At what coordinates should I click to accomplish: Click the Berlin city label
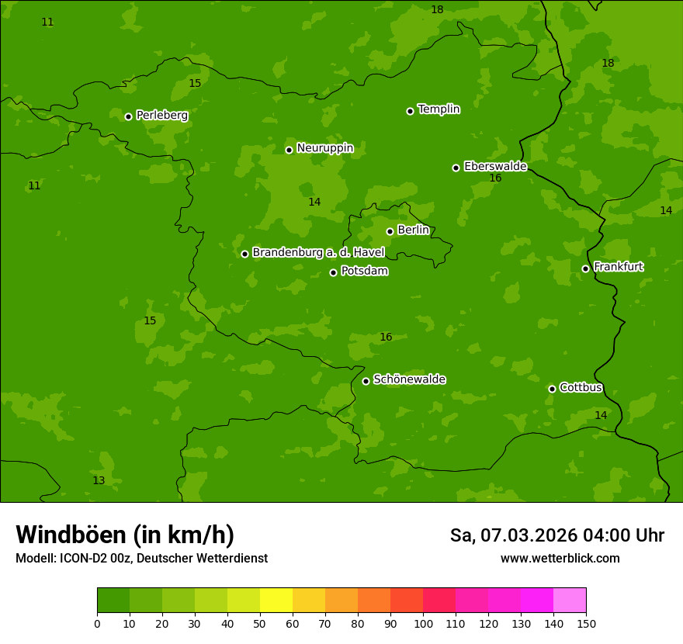click(x=413, y=230)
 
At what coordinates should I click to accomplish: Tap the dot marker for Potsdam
click(x=333, y=272)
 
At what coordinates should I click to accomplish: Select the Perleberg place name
click(x=161, y=116)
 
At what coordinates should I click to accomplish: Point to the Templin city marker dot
click(x=410, y=111)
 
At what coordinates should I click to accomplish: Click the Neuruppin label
click(x=324, y=148)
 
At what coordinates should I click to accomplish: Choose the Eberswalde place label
click(x=495, y=167)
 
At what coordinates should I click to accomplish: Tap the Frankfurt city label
click(x=618, y=267)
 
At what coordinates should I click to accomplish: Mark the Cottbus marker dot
click(x=552, y=389)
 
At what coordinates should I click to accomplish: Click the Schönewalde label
click(x=409, y=379)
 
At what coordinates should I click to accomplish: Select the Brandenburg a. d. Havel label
click(x=318, y=253)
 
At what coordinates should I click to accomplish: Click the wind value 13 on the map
click(x=99, y=481)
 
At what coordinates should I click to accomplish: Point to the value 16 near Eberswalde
click(x=495, y=178)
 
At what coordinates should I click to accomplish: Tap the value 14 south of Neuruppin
click(x=314, y=203)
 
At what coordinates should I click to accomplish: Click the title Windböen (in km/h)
click(x=125, y=535)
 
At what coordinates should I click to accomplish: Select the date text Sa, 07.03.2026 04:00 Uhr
click(x=556, y=535)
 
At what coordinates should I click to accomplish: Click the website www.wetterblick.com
click(x=560, y=559)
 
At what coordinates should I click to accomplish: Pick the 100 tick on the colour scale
click(x=423, y=623)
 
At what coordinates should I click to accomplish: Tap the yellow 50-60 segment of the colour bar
click(x=276, y=600)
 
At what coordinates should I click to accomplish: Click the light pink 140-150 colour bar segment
click(x=570, y=600)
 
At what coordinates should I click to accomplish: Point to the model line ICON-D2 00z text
click(x=141, y=559)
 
